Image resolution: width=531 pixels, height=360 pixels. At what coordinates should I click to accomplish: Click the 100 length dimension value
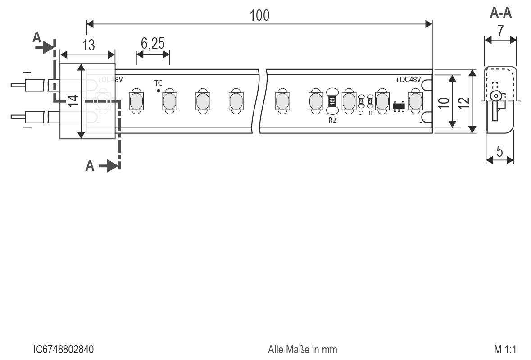point(259,15)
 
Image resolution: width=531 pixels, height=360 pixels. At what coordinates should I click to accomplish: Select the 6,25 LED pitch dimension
point(153,44)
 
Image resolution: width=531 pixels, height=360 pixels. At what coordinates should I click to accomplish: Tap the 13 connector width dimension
point(89,45)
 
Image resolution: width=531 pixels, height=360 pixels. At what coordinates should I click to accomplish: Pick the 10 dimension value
point(444,101)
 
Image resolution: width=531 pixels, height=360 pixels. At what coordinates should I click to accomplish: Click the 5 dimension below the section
point(500,151)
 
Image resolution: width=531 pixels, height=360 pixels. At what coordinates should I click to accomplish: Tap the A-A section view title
point(500,13)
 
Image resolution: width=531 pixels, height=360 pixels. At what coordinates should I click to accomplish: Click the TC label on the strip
point(159,83)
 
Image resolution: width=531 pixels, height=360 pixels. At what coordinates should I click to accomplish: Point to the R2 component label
point(332,120)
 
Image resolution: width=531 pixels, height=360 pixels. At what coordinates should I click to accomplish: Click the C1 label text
point(361,113)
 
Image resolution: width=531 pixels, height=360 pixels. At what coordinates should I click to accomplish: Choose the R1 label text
point(370,113)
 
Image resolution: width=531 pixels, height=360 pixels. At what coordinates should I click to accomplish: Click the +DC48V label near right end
point(408,80)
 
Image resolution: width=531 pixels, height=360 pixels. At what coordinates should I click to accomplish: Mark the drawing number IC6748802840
point(64,350)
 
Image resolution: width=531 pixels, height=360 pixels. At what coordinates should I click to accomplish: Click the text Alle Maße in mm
point(302,350)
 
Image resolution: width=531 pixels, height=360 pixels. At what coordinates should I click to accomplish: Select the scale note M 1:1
point(504,350)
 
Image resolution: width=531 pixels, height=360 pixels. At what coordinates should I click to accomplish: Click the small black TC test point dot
point(159,91)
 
